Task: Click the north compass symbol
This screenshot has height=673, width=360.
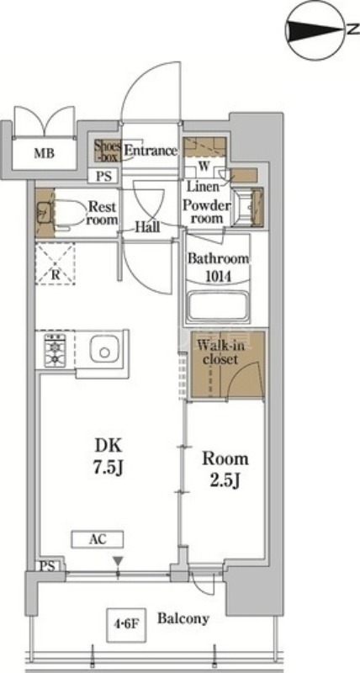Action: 317,29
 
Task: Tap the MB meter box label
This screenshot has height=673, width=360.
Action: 45,153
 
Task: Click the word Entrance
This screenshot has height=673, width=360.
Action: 151,151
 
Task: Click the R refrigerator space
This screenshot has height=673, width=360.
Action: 55,263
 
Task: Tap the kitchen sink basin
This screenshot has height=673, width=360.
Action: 104,351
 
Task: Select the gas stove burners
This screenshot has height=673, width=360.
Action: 55,349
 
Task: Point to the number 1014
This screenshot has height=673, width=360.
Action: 218,277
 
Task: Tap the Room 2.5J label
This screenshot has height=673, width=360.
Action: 225,469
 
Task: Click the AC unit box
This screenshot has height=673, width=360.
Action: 98,538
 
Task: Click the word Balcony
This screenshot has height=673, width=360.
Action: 183,618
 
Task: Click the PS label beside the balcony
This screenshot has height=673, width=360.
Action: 48,566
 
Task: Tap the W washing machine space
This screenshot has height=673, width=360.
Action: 204,167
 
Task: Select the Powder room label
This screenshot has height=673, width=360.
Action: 206,211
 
